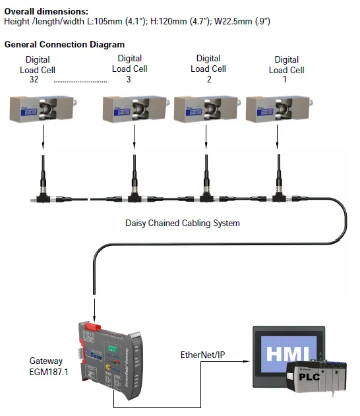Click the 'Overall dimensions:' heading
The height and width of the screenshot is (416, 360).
click(x=46, y=11)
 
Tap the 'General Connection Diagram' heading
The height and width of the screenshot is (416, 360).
click(x=65, y=44)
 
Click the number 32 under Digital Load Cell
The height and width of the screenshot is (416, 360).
click(x=35, y=80)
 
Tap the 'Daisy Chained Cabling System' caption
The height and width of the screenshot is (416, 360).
click(x=183, y=223)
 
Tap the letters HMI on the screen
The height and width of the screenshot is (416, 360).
click(x=284, y=354)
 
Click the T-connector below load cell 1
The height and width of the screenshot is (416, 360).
click(x=278, y=196)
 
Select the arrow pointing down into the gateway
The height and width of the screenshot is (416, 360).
click(x=95, y=309)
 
